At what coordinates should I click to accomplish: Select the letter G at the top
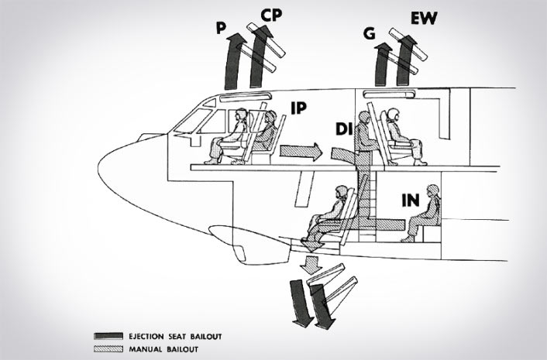[369, 33]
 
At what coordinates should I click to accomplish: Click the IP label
[304, 108]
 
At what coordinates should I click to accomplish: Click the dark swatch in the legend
[103, 337]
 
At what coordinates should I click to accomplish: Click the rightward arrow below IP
[301, 151]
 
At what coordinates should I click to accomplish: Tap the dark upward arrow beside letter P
[233, 66]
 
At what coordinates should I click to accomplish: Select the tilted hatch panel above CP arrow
[266, 43]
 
